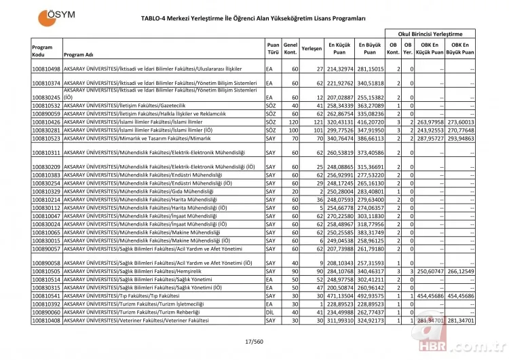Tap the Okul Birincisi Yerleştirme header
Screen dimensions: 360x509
[x=430, y=33]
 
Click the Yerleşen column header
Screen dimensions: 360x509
[x=312, y=50]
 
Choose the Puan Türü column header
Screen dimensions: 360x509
[x=273, y=49]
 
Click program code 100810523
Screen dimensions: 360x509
[x=46, y=137]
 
